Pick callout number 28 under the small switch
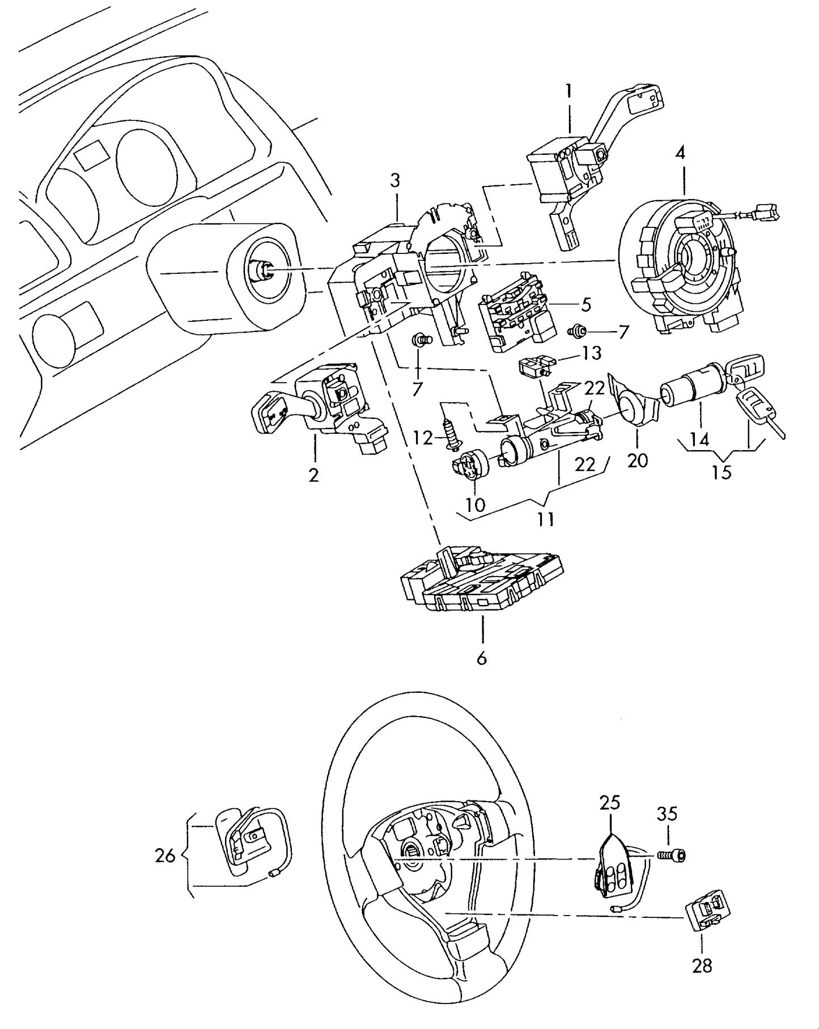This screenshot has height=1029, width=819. (x=702, y=965)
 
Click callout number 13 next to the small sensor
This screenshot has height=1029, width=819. (x=591, y=353)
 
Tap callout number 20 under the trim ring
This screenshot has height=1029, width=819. (x=638, y=460)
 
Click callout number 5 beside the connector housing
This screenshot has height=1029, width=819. (x=585, y=304)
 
